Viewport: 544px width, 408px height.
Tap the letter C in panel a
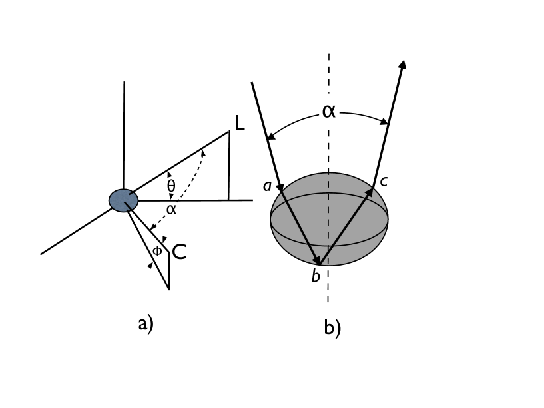[x=178, y=252]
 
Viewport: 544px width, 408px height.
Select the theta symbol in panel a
[x=171, y=186]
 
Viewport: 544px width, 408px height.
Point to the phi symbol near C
[x=157, y=252]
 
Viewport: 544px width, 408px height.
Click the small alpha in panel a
[x=171, y=209]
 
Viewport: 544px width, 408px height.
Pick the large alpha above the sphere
[x=329, y=110]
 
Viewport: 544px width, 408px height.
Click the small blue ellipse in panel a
[x=123, y=200]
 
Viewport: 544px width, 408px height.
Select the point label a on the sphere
[x=267, y=187]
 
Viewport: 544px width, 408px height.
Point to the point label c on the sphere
[x=384, y=180]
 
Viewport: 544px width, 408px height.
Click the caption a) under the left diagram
[x=145, y=324]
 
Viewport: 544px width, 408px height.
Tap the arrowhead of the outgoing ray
[x=402, y=64]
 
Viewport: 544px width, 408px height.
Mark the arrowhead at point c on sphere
[x=370, y=192]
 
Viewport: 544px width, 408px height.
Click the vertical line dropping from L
[x=228, y=166]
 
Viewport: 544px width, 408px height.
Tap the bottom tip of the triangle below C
[x=169, y=288]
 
